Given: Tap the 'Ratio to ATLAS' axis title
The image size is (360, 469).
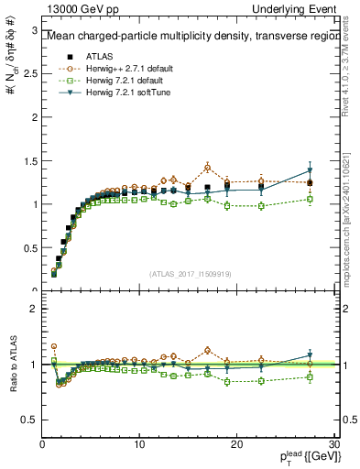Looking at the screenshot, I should pos(13,365).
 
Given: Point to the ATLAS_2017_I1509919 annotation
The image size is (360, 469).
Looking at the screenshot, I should pos(190,272).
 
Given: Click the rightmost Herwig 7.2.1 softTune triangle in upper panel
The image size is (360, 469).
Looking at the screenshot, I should pos(310,171).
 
